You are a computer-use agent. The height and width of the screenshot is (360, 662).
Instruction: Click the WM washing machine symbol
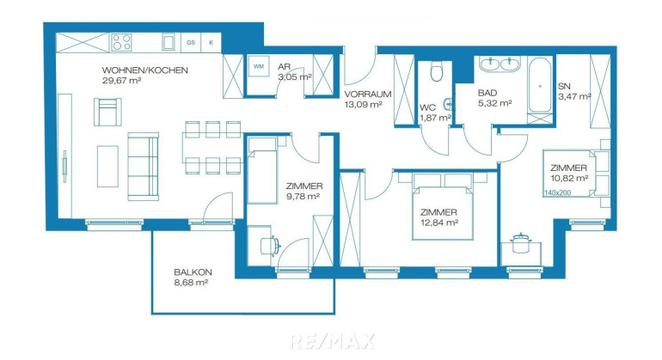259,66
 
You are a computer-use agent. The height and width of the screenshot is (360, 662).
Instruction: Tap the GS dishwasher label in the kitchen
191,43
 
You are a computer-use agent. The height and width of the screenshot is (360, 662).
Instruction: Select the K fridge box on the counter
211,43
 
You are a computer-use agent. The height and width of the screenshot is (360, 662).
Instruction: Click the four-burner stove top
121,43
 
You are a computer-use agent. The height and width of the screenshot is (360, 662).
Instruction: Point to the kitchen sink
169,42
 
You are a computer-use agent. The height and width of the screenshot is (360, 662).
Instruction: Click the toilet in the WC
437,71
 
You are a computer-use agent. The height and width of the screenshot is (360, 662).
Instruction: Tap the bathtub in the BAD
540,86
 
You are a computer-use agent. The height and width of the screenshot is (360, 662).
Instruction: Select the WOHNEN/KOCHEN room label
144,70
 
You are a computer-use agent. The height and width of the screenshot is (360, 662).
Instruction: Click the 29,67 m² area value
121,80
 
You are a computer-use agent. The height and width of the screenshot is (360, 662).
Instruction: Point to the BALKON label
193,272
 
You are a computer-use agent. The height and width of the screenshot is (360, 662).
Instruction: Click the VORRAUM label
368,95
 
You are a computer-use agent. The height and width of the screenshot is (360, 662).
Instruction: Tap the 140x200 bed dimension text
557,192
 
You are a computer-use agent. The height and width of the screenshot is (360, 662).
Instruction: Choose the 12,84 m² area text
439,223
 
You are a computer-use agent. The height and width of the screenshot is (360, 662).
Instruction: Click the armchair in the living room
107,112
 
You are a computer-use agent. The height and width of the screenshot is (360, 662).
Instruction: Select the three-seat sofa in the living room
143,167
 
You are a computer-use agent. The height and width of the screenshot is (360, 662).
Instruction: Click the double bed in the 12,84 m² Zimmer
442,207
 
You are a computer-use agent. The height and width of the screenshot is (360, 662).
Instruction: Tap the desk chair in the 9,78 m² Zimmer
270,246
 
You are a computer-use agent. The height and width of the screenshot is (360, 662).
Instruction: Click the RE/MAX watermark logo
332,341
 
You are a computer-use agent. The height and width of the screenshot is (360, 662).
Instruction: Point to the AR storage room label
284,67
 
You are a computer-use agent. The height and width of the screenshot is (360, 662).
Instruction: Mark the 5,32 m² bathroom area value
495,102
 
